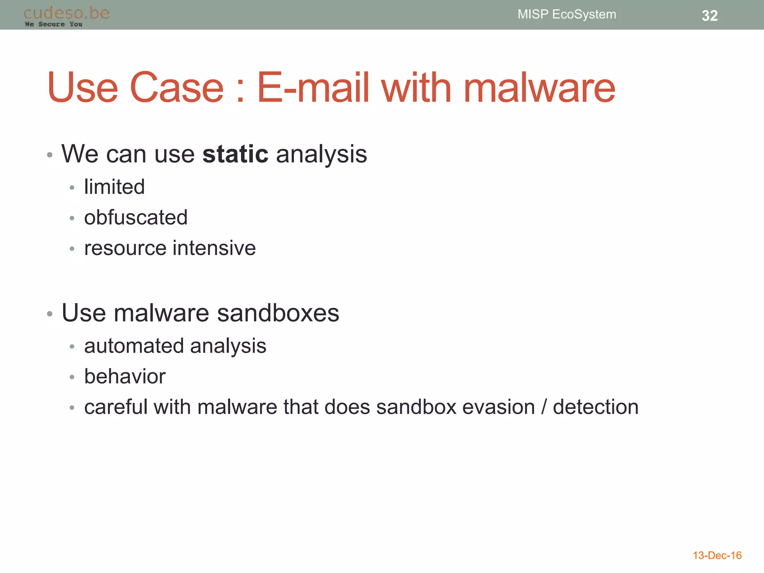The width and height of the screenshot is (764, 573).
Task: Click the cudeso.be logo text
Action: tap(66, 13)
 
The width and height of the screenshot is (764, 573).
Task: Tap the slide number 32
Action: tap(710, 16)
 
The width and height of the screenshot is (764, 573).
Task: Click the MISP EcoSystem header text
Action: tap(567, 14)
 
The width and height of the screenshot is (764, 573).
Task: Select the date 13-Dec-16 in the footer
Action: tap(717, 555)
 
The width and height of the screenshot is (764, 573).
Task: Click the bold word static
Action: tap(235, 154)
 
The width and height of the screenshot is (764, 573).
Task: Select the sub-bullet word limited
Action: tap(114, 187)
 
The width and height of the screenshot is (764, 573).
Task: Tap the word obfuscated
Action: tap(136, 217)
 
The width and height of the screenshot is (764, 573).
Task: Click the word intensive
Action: tap(214, 248)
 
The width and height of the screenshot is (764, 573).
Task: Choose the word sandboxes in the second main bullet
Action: tap(278, 313)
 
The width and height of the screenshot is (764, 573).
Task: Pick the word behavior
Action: tap(125, 376)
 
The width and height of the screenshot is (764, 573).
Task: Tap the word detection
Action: tap(595, 407)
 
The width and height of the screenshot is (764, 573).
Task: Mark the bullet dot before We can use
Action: tap(50, 155)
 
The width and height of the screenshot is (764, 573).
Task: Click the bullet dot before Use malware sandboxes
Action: tap(50, 314)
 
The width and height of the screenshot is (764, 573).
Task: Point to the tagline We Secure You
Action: tap(53, 24)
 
